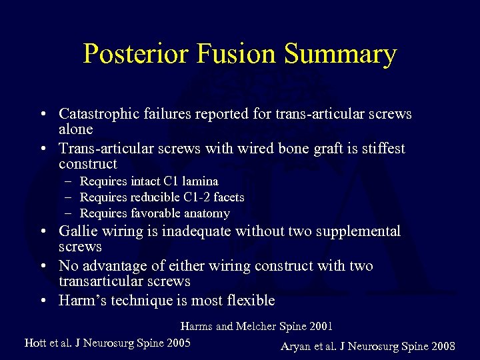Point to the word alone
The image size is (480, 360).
76,129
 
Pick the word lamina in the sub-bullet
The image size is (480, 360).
201,181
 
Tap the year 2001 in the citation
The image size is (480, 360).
319,327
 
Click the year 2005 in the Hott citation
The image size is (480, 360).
177,343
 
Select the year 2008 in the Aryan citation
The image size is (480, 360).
443,346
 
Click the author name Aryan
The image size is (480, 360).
297,346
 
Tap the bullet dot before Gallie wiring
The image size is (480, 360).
42,232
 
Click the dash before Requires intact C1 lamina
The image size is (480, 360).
69,181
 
